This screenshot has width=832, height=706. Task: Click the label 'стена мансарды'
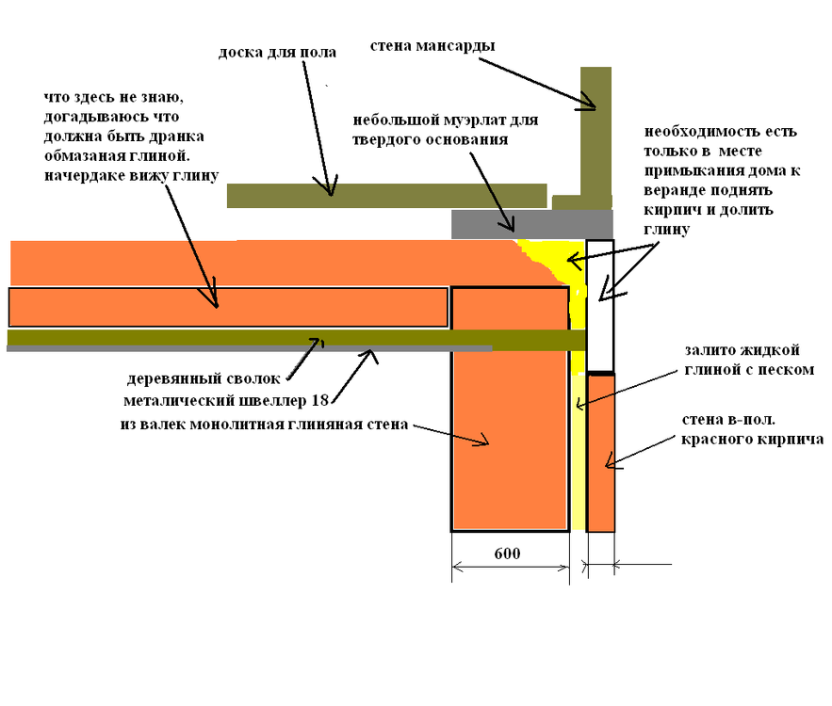[432, 46]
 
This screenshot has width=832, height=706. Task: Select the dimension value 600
[507, 554]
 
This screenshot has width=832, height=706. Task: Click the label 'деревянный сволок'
[204, 379]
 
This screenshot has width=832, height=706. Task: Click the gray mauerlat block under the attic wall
[532, 224]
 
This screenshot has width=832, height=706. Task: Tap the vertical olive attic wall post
[595, 132]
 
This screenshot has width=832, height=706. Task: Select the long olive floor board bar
[386, 195]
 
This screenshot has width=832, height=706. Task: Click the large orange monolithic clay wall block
[510, 442]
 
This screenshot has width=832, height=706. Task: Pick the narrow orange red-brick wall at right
[601, 452]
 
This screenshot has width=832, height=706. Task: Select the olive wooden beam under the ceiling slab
[283, 338]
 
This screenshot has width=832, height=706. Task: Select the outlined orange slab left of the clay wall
[227, 307]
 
